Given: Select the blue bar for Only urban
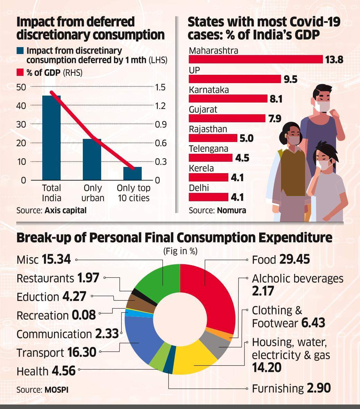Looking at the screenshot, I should pos(92,159).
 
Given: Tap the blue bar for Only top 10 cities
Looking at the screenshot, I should pos(132,174).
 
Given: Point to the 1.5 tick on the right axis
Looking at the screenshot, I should pos(160,87).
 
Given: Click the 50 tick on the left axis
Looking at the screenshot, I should pos(21,87).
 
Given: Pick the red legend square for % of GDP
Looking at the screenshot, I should pos(20,73).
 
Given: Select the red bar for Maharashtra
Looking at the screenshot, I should pos(256,60).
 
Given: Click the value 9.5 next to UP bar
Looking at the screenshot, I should pos(290,79).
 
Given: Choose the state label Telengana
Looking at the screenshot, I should pos(208,149).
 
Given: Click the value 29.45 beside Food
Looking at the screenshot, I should pos(294,260).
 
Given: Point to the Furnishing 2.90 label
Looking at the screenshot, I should pos(291,388).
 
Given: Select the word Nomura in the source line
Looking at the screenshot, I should pos(231,210).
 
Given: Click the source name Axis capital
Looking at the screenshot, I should pos(65,210).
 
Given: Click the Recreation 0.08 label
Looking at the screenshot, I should pos(56,315).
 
